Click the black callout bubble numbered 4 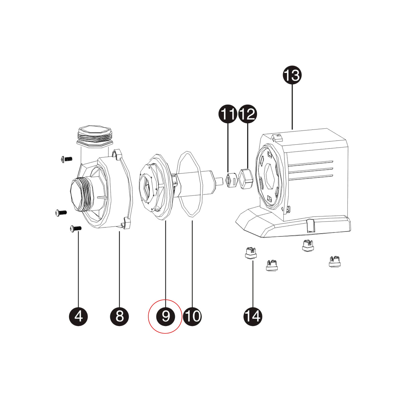pos(78,316)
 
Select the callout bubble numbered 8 pos(119,316)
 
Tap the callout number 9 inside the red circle pos(166,316)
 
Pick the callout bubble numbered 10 pos(192,316)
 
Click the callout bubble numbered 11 pos(228,114)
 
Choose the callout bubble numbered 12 pos(247,114)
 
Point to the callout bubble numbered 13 pos(292,75)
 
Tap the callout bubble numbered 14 pos(253,316)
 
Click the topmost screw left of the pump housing pos(67,159)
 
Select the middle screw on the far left pos(61,213)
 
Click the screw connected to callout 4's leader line pos(75,229)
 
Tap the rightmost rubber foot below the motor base pos(335,262)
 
